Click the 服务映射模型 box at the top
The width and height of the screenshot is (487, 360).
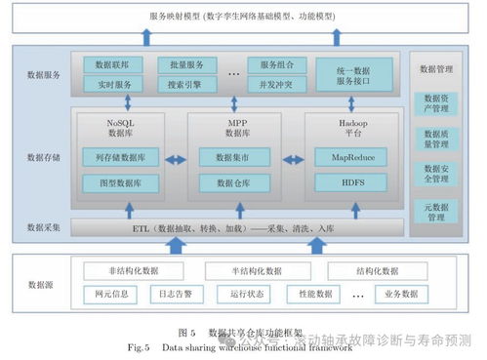pyautogui.click(x=243, y=17)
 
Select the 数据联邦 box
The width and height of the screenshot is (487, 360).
pyautogui.click(x=113, y=65)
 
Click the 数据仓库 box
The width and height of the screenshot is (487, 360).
pyautogui.click(x=235, y=182)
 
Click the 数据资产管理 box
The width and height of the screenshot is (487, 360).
pyautogui.click(x=435, y=104)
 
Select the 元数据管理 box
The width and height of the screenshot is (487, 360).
pyautogui.click(x=435, y=211)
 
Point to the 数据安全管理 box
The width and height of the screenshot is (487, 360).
pyautogui.click(x=435, y=174)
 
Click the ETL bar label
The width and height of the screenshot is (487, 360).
pyautogui.click(x=233, y=228)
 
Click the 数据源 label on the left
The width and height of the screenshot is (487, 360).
pyautogui.click(x=41, y=284)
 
